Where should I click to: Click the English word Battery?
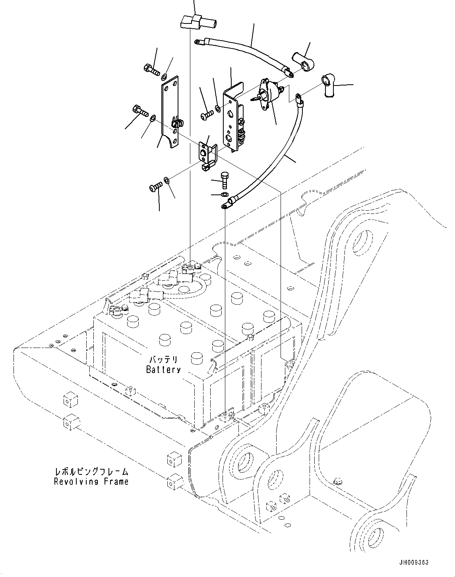[x=163, y=369]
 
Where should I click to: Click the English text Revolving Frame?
[x=91, y=482]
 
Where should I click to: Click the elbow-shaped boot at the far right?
[x=328, y=85]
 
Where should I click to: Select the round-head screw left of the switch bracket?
[x=206, y=115]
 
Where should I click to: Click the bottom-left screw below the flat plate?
[x=156, y=185]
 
